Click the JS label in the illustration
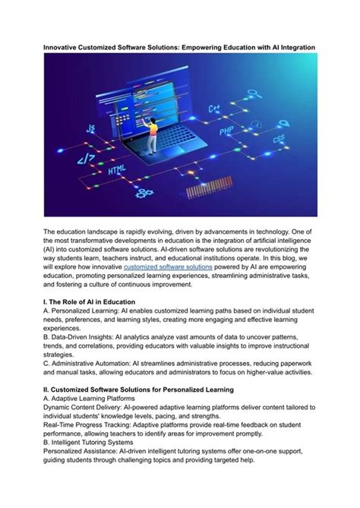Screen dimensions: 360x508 point(90,129)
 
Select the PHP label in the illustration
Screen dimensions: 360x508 point(226,131)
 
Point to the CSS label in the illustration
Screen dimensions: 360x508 point(279,139)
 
